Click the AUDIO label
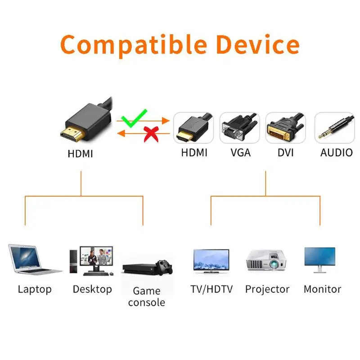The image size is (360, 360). coord(336,153)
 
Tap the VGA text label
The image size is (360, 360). coord(240,153)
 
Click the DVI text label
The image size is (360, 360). coord(285,153)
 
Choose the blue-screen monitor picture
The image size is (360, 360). coord(319,258)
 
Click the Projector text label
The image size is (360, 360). coord(267,289)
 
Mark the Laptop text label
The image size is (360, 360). coord(35,289)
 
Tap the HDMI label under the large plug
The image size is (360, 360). coord(80,153)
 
